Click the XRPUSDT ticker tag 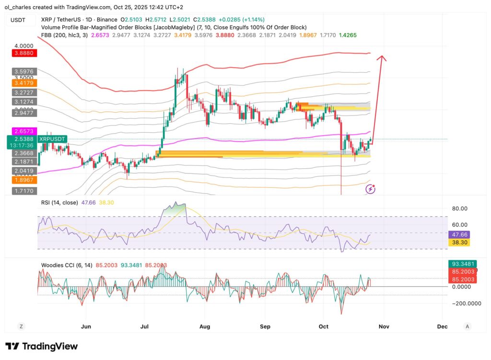click(52, 139)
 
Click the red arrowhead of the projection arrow click(382, 58)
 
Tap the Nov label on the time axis click(383, 326)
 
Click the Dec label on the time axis click(442, 326)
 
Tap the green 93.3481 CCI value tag click(462, 263)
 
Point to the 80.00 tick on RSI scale click(459, 209)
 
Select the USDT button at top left click(19, 20)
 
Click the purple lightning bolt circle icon click(370, 189)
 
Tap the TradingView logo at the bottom click(41, 346)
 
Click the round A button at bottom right click(467, 326)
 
